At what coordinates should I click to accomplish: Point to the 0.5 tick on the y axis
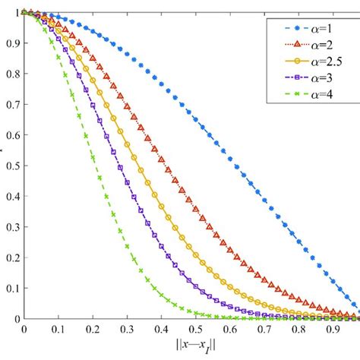(12, 166)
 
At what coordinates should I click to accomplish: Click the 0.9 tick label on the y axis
(12, 43)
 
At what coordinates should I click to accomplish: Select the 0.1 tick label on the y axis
(12, 288)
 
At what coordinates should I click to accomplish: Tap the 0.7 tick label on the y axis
(12, 104)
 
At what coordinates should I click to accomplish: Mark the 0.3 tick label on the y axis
(12, 226)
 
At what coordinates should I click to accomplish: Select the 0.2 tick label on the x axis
(92, 331)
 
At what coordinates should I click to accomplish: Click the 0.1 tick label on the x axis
(58, 331)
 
